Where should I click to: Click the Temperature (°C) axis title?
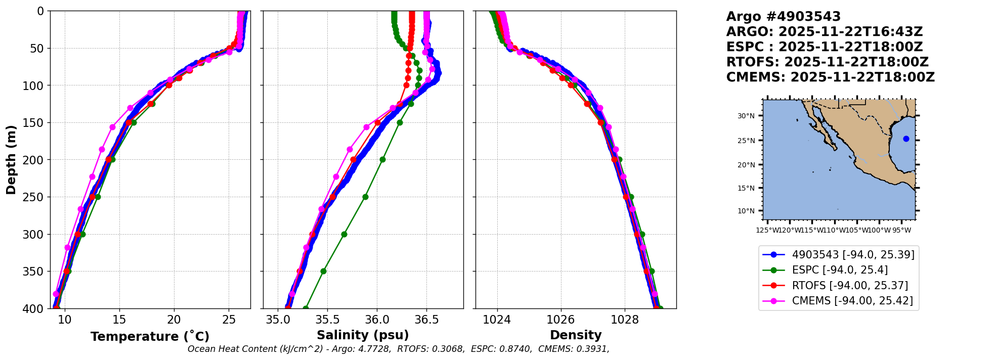150,337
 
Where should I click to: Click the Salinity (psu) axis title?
363,335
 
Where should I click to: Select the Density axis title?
576,335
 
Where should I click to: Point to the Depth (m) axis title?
11,160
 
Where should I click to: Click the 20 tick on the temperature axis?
174,320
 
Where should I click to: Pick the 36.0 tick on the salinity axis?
377,320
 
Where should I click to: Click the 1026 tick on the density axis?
560,320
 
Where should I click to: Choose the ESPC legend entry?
840,270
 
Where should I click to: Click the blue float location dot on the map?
906,139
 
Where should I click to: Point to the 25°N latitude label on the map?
746,141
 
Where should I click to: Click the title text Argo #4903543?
783,17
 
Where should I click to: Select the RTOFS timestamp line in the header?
827,62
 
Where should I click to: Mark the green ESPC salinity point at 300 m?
344,234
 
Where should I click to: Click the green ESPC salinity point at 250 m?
365,197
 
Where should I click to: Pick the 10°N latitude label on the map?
746,211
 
